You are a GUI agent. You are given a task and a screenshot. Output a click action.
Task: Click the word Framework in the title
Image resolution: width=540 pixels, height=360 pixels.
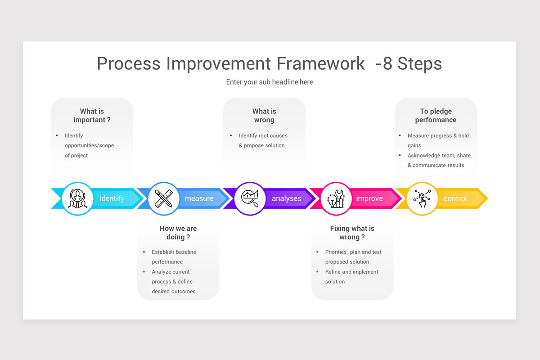(320, 63)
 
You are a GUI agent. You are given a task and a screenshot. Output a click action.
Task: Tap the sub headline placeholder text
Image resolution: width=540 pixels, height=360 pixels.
(269, 82)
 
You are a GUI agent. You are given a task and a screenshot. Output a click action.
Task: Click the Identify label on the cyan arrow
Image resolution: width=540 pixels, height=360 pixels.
(112, 198)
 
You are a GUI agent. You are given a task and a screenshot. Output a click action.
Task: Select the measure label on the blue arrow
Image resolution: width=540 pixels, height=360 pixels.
(199, 198)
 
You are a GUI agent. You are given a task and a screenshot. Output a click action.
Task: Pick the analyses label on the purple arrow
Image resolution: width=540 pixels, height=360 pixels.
(286, 198)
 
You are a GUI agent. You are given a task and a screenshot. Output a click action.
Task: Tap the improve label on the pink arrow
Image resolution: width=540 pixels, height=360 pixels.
(369, 198)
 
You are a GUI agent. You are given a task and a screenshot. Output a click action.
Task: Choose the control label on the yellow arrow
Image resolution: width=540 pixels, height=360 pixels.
(455, 198)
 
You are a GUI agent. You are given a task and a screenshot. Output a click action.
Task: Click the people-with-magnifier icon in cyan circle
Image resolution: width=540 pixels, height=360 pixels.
(77, 198)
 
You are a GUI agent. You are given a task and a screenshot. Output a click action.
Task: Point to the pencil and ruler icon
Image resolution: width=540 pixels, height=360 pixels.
(164, 198)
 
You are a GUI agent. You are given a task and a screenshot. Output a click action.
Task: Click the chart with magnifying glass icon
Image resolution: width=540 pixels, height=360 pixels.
(250, 198)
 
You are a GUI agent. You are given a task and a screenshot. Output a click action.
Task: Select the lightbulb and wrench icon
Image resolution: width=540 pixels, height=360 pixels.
(336, 198)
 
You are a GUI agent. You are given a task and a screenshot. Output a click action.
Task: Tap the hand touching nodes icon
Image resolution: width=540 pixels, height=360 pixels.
(422, 198)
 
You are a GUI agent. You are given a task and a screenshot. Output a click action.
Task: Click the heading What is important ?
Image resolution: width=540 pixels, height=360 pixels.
(92, 116)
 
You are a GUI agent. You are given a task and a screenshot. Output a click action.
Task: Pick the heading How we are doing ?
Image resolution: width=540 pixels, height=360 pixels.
(178, 233)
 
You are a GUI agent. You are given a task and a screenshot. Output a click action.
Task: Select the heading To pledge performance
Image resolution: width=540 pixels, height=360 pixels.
(436, 116)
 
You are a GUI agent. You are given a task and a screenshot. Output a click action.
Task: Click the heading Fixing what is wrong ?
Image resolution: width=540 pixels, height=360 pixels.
(352, 233)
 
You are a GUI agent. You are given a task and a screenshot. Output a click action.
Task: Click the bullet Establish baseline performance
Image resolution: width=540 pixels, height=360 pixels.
(174, 257)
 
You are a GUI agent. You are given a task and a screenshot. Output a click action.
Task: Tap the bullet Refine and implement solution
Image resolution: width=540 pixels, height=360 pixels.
(351, 277)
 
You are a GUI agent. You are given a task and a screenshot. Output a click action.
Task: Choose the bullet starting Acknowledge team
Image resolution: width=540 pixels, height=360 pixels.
(439, 160)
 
